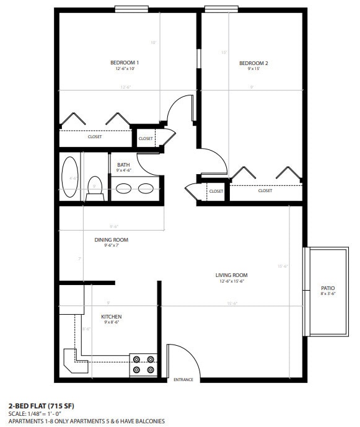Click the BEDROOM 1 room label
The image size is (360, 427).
click(x=125, y=63)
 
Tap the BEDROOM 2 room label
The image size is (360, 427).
click(x=253, y=63)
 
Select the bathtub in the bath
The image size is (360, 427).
click(x=70, y=178)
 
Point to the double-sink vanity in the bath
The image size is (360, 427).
click(x=135, y=189)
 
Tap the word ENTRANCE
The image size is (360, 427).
click(x=183, y=379)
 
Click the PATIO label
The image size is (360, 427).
click(x=328, y=288)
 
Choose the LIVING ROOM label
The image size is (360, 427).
click(x=231, y=275)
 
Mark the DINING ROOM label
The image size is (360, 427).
click(x=111, y=240)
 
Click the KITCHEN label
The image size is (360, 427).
click(x=111, y=317)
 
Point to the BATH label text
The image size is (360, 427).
click(x=123, y=165)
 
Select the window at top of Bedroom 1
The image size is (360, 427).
click(x=131, y=9)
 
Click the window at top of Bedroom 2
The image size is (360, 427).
click(x=222, y=9)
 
